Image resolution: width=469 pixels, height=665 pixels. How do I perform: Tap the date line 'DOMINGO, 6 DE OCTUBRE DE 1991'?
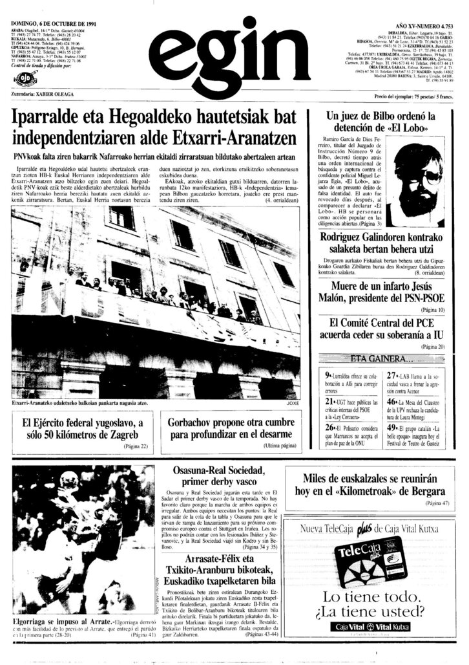[44, 24]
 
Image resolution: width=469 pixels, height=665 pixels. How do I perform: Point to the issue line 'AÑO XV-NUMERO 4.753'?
[423, 24]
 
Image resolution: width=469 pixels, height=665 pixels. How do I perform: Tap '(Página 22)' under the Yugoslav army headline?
[135, 446]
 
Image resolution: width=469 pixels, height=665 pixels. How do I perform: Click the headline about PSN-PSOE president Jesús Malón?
[380, 292]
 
